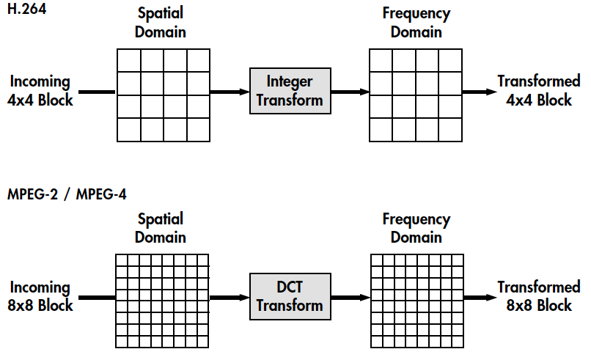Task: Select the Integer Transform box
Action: tap(290, 91)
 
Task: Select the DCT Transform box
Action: tap(290, 295)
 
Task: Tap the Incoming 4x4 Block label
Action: tap(40, 91)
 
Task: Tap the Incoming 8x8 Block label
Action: tap(40, 295)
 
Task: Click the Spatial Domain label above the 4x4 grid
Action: tap(161, 23)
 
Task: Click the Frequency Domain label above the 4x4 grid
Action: tap(416, 23)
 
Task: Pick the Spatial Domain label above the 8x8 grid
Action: tap(161, 227)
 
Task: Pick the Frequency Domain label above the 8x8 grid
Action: tap(416, 227)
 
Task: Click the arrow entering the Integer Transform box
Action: tap(230, 92)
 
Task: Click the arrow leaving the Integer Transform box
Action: tap(350, 92)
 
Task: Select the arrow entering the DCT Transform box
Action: tap(230, 297)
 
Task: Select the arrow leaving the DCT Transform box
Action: tap(350, 297)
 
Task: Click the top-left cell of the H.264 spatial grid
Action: tap(129, 60)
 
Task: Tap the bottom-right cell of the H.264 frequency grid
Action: tap(450, 129)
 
